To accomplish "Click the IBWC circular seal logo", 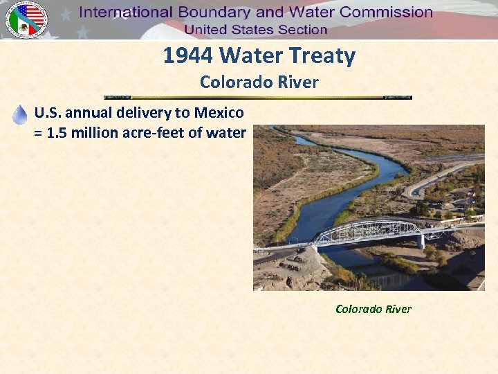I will coord(26,19).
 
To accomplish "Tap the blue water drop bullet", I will coord(20,115).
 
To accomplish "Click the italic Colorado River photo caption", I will coord(373,309).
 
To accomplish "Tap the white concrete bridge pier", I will coord(420,241).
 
